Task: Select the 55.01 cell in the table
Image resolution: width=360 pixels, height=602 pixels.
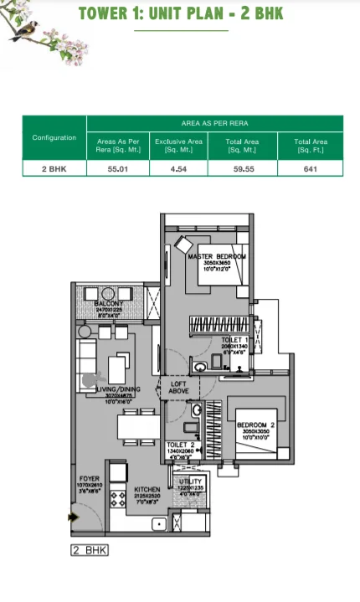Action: [118, 167]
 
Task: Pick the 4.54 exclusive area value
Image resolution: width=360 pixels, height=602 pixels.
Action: [178, 167]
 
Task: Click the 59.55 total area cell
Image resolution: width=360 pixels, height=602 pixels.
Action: [243, 167]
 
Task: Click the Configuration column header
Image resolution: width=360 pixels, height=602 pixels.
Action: [54, 137]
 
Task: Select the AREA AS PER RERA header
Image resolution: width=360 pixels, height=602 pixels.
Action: [214, 123]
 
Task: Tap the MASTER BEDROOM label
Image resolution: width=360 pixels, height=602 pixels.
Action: [217, 255]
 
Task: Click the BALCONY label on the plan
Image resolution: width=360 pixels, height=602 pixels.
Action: [110, 303]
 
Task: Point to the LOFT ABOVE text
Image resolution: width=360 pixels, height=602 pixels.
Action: [179, 385]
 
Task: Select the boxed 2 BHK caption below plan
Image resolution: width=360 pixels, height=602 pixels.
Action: [90, 550]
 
